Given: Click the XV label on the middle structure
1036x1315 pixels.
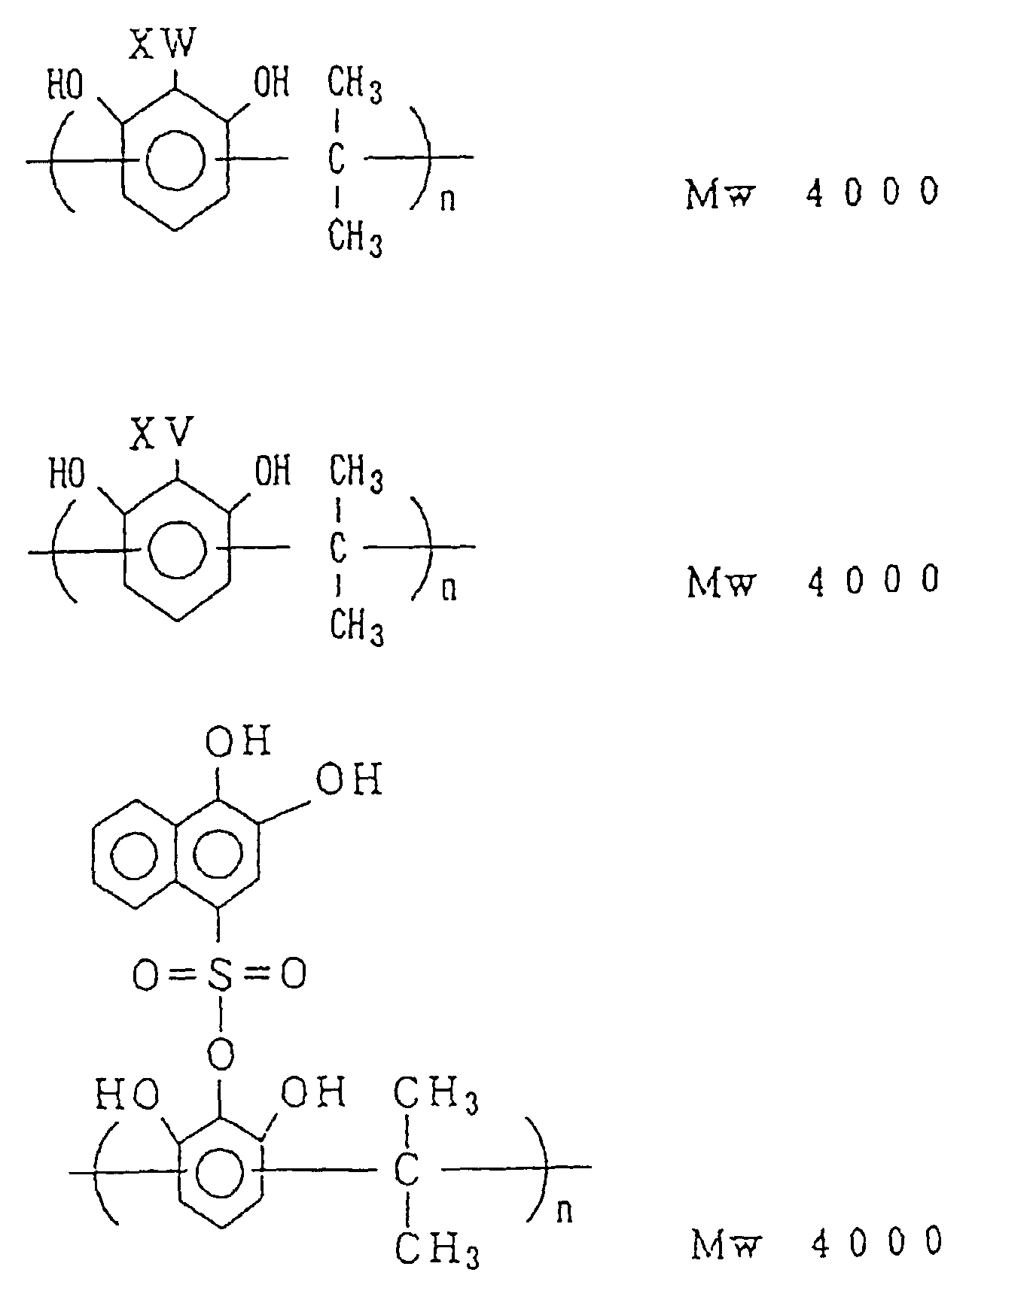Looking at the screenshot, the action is click(x=163, y=433).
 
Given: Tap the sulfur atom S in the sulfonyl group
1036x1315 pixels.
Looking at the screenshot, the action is click(x=219, y=975).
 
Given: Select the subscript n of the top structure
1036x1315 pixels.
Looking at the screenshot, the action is click(x=448, y=201).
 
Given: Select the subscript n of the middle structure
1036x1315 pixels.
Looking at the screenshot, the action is click(x=449, y=589).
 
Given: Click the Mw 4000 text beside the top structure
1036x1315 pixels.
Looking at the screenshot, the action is click(x=812, y=193).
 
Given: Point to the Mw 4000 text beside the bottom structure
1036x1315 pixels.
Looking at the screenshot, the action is click(x=816, y=1244).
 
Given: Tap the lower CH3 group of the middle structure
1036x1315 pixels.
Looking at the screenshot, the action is click(x=357, y=627).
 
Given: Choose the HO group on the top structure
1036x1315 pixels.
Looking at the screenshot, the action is click(x=66, y=84).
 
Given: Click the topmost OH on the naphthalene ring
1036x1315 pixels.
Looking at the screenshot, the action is click(x=238, y=742).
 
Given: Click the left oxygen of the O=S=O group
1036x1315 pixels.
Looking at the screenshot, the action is click(x=145, y=976).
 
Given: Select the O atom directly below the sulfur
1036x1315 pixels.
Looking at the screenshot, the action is click(x=220, y=1054).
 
